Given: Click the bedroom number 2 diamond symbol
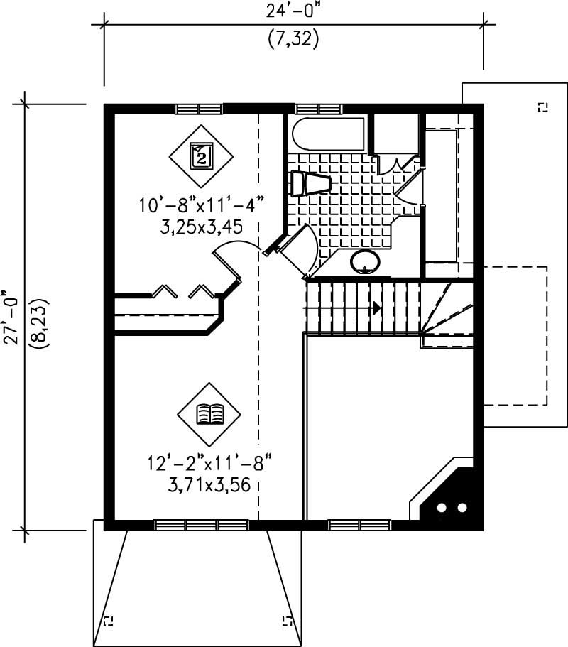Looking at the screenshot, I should point(201,155).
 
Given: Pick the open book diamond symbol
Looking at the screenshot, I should point(209,413).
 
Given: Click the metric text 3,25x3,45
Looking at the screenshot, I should point(202,227).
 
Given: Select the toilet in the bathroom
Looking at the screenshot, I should point(311,184).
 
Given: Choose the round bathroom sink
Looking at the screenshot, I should point(366,261).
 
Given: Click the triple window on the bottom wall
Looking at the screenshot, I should point(201,525).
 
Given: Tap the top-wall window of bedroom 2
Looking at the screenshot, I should point(199,109).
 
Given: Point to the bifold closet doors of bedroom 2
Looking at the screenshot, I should point(182,291).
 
